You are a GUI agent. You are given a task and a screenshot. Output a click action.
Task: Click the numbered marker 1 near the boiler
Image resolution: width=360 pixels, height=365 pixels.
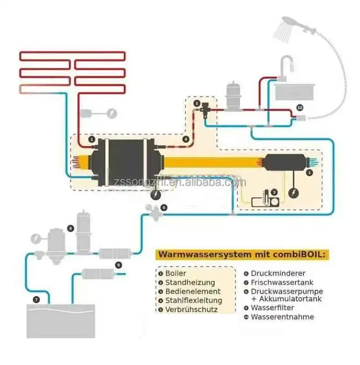pos(92,139)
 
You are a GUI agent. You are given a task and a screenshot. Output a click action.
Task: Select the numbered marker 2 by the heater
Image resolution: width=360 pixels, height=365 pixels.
pos(310,172)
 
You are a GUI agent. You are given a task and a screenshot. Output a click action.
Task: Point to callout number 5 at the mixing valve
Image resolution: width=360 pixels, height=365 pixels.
pos(197,104)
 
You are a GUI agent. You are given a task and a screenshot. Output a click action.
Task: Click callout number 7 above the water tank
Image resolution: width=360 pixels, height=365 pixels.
pos(36,300)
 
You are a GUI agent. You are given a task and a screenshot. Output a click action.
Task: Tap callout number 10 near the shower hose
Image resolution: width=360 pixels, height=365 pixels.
pos(299,107)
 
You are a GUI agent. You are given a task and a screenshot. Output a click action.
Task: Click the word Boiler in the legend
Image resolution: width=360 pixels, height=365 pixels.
pos(175,273)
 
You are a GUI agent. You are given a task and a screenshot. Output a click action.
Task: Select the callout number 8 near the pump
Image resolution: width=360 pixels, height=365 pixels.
pos(70,227)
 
